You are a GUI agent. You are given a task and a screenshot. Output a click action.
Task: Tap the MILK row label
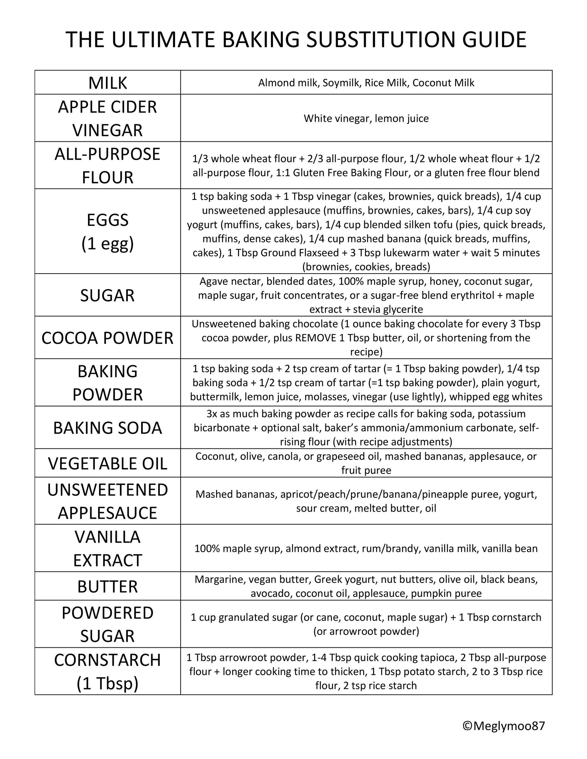click(x=108, y=83)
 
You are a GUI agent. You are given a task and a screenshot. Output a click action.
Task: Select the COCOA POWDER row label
click(x=108, y=338)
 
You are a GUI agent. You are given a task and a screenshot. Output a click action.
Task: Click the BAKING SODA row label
click(x=108, y=428)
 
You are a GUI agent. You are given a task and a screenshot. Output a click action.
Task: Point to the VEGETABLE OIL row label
click(x=108, y=463)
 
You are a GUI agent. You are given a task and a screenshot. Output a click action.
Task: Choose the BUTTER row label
click(x=108, y=586)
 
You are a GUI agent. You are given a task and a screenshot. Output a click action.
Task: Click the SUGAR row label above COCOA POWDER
click(x=108, y=295)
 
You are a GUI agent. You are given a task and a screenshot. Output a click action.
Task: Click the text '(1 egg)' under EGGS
click(x=108, y=244)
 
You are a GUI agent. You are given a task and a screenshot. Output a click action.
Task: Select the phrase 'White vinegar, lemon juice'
click(x=366, y=119)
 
